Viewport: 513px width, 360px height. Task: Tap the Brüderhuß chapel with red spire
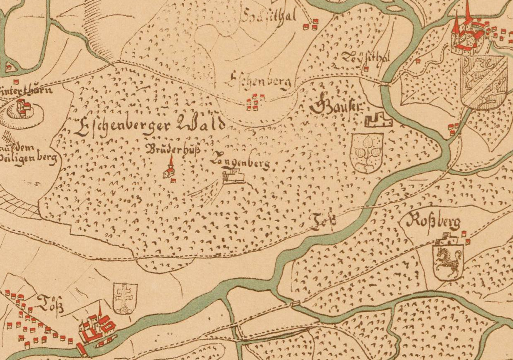tap(169, 170)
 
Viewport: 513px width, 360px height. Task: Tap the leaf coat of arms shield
tap(366, 152)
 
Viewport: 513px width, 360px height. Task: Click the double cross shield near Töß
tap(125, 298)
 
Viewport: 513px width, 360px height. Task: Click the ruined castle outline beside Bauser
tap(378, 121)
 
